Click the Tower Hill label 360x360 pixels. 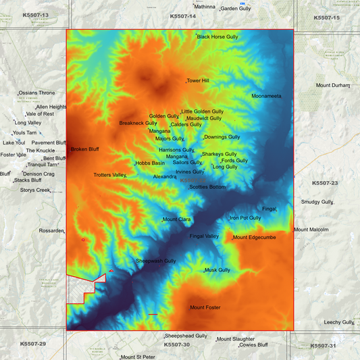click(198, 80)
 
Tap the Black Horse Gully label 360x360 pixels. click(217, 36)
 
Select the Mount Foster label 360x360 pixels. click(205, 307)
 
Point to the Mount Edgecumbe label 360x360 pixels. click(254, 237)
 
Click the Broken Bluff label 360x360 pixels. click(85, 149)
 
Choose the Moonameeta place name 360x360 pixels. click(266, 96)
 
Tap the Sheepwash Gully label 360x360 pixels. click(156, 261)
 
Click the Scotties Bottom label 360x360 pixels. click(207, 186)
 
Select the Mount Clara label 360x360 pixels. click(177, 220)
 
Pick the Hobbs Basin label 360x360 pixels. click(150, 163)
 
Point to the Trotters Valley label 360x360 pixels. click(109, 175)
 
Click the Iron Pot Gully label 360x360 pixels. click(245, 217)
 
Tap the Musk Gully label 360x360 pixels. click(217, 269)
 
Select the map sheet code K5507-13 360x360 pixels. click(35, 14)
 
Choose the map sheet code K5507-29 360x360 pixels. click(32, 344)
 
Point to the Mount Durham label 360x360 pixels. click(333, 86)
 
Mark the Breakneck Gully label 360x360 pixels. click(138, 123)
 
